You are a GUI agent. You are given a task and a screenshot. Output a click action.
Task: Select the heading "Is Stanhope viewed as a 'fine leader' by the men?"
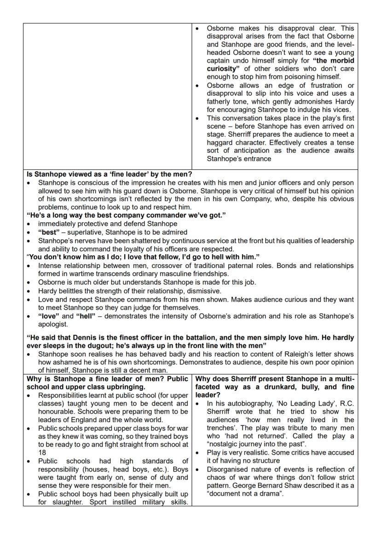[x=108, y=174]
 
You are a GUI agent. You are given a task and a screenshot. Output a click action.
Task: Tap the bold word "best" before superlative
[x=49, y=232]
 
